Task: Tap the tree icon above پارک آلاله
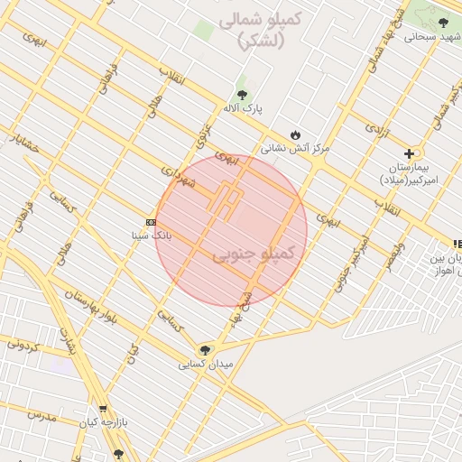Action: pos(242,94)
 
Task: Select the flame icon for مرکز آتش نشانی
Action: pos(294,133)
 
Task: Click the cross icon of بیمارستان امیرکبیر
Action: pos(410,153)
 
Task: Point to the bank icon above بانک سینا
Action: pos(150,222)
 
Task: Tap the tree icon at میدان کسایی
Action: pos(206,350)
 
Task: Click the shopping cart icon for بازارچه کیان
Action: pos(103,408)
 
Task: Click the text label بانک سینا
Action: pos(152,236)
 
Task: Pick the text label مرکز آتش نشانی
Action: pos(295,146)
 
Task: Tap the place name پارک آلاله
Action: pos(243,108)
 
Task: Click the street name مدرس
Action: pos(42,417)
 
